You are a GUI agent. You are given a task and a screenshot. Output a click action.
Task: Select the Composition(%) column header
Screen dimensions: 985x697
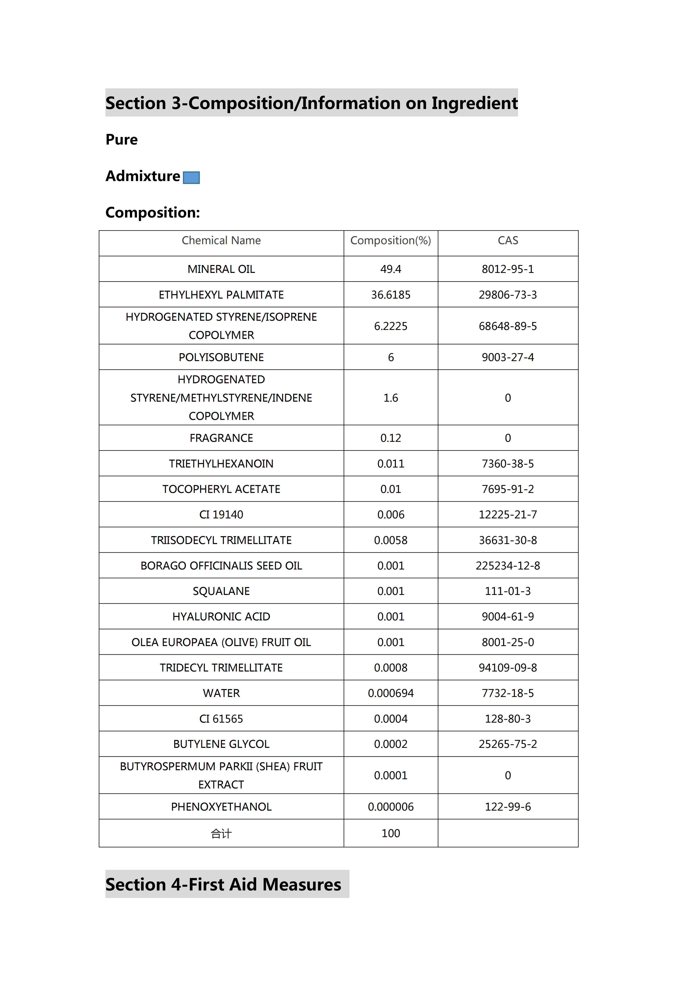pyautogui.click(x=391, y=241)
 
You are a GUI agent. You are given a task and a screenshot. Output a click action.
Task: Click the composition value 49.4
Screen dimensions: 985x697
pyautogui.click(x=391, y=269)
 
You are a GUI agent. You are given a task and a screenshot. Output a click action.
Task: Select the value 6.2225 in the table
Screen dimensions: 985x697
pyautogui.click(x=391, y=326)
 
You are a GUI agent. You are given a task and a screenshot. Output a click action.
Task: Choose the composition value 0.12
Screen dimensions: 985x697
pyautogui.click(x=391, y=438)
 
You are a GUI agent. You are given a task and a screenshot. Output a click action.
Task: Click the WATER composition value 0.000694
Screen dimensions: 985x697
pyautogui.click(x=391, y=693)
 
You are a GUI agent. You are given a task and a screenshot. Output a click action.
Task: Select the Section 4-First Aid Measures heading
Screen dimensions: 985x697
pyautogui.click(x=223, y=885)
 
